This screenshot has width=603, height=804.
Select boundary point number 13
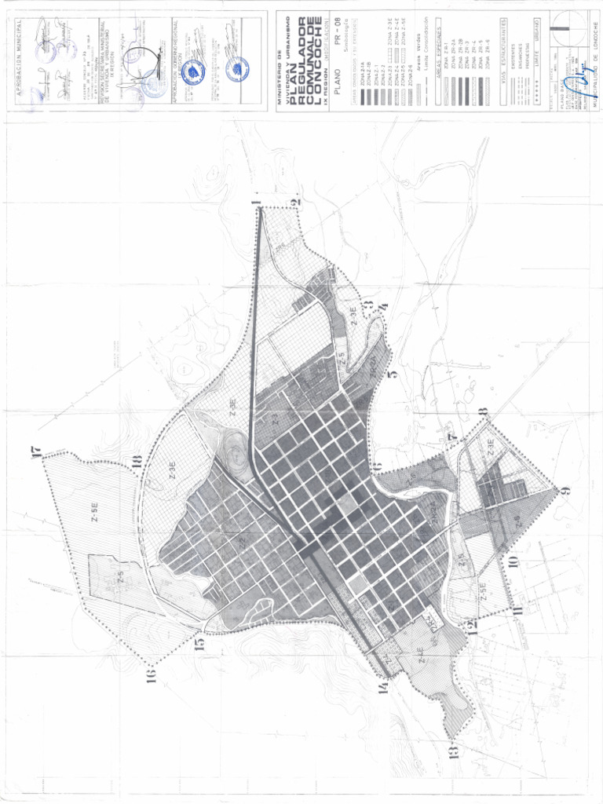(453, 751)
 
